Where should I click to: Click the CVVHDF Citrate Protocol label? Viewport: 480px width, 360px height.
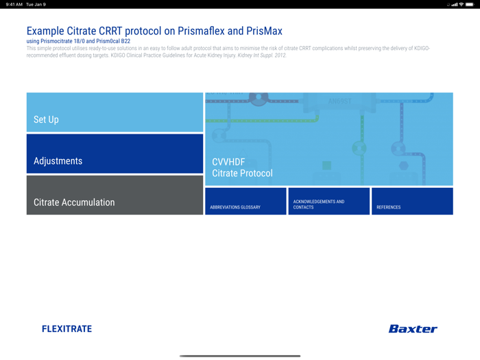pos(242,168)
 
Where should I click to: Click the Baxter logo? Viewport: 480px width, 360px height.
pos(413,329)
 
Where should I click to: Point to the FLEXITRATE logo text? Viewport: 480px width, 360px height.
pos(67,329)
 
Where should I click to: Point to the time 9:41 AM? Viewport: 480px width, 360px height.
pos(14,4)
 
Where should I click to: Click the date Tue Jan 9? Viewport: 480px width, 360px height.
pos(36,4)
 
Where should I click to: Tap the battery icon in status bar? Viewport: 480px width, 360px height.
pos(470,4)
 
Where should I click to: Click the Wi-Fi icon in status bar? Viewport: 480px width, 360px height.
pos(461,4)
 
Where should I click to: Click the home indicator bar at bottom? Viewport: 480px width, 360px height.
pos(240,356)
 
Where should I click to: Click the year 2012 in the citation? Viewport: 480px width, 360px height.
pos(279,55)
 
